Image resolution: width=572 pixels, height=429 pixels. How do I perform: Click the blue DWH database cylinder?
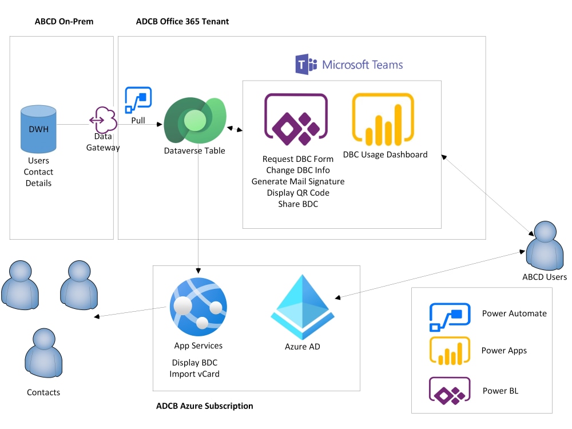[38, 129]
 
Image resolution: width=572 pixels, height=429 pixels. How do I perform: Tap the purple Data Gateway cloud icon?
[103, 119]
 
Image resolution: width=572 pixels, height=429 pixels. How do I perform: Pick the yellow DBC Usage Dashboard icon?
[383, 120]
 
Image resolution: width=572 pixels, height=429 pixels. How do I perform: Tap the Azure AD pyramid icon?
[303, 307]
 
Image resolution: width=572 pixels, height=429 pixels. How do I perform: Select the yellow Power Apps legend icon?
[450, 351]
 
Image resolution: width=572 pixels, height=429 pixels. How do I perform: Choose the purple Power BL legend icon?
[450, 391]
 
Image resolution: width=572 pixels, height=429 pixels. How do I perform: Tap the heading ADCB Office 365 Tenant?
[182, 22]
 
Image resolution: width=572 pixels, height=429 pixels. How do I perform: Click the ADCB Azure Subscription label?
[205, 406]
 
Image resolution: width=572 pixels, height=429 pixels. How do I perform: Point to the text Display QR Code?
[298, 193]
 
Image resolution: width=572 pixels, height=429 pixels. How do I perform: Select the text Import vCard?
[194, 374]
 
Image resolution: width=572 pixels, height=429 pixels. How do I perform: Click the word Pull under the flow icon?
[138, 121]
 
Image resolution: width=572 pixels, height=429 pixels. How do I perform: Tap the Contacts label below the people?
[43, 392]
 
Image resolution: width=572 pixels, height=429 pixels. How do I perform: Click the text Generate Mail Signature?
[298, 181]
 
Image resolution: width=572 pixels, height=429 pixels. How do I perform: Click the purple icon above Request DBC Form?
[296, 120]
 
